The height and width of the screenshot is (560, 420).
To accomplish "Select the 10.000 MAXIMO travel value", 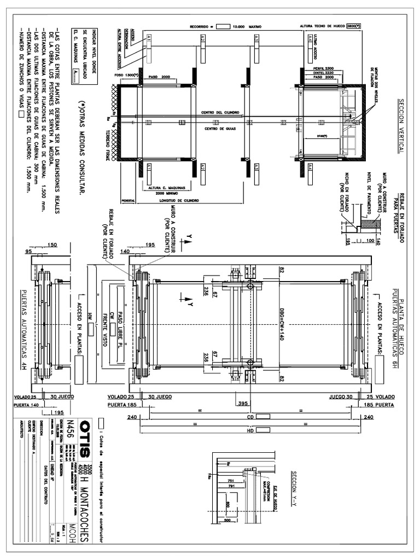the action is click(247, 26).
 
